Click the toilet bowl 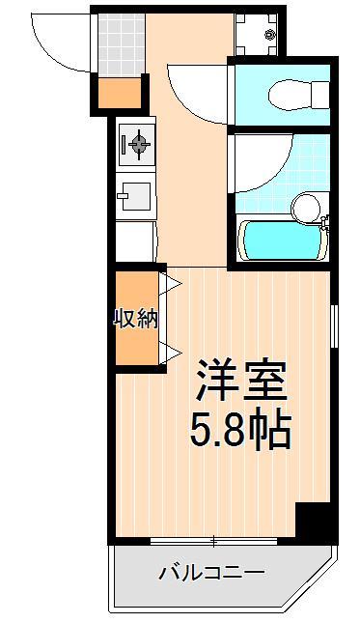(290, 94)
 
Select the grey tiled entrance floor (119, 44)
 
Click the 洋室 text (242, 379)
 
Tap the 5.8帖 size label (241, 430)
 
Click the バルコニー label (211, 573)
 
